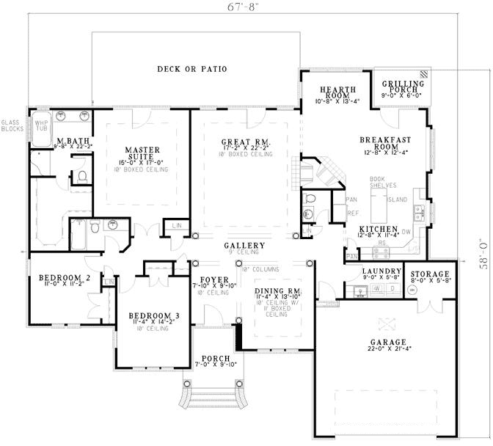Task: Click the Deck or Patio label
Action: [191, 69]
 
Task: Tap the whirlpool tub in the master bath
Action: [42, 125]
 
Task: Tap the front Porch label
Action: [216, 359]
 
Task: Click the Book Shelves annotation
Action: [383, 182]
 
